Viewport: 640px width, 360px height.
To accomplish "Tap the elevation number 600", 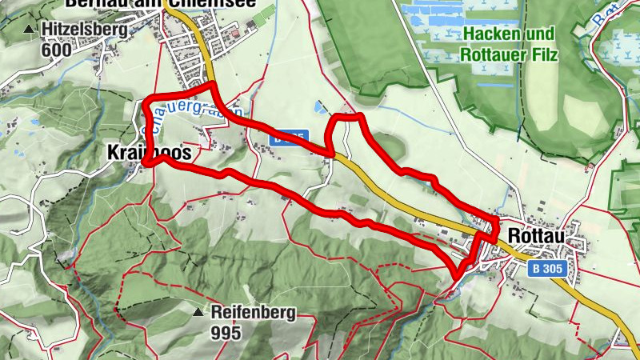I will (58, 50).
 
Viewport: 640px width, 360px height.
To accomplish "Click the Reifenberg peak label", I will (254, 312).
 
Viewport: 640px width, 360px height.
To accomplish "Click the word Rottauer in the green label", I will (491, 55).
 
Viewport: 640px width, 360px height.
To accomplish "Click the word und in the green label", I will (539, 36).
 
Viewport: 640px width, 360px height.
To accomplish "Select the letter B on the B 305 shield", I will (538, 270).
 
